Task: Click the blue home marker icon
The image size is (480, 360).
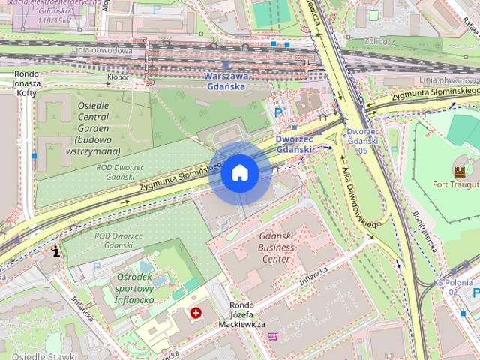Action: point(239,173)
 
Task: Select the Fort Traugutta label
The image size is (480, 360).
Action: point(455,184)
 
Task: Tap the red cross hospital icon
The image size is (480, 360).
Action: point(196,312)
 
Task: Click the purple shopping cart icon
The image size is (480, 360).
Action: point(273,335)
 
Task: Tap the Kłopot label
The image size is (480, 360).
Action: point(118,76)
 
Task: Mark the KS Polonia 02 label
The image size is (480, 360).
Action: point(454,287)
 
